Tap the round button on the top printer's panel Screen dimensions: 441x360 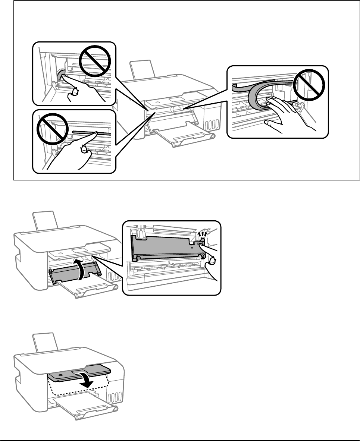click(157, 102)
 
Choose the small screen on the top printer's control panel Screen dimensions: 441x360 click(174, 100)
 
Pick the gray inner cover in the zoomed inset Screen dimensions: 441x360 click(164, 244)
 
